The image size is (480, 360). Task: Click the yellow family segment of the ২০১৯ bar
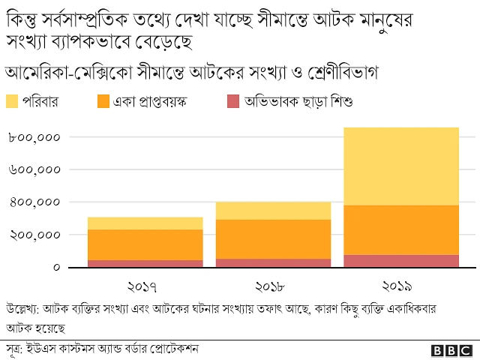click(400, 166)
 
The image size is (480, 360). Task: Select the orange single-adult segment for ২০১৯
click(400, 229)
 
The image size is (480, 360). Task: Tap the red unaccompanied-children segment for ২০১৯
click(400, 261)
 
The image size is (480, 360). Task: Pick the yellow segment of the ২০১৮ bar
click(273, 211)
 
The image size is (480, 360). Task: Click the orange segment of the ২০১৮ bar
click(273, 239)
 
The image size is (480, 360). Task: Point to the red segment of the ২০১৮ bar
click(273, 263)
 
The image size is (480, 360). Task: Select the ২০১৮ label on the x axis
click(273, 286)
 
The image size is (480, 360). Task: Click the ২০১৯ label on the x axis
click(400, 286)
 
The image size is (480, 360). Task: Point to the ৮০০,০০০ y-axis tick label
click(34, 137)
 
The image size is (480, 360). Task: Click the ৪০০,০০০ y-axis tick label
click(34, 202)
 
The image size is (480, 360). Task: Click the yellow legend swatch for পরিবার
click(12, 100)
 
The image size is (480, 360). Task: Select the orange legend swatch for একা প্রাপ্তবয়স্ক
click(103, 100)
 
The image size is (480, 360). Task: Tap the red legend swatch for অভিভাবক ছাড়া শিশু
click(233, 100)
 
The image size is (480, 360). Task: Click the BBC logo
click(452, 350)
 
